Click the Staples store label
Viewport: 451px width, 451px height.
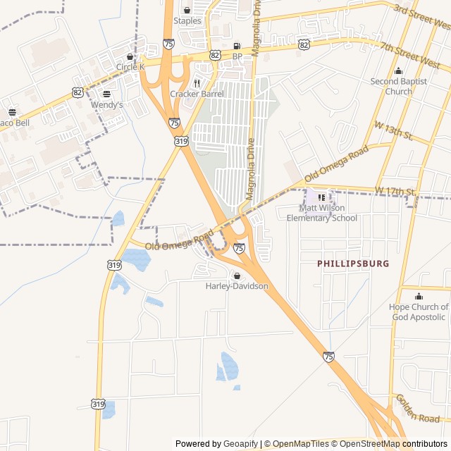pyautogui.click(x=187, y=21)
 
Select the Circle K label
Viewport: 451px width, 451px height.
pyautogui.click(x=130, y=67)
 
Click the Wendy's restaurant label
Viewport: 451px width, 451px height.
pyautogui.click(x=106, y=105)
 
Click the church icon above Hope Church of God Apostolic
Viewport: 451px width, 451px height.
pyautogui.click(x=419, y=296)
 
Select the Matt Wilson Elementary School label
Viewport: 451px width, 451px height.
pyautogui.click(x=321, y=213)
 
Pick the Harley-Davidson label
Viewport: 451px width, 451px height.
pyautogui.click(x=237, y=286)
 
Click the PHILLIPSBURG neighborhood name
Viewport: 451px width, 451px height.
pyautogui.click(x=353, y=264)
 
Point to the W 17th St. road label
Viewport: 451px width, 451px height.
pyautogui.click(x=396, y=191)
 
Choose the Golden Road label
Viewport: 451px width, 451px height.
pyautogui.click(x=418, y=409)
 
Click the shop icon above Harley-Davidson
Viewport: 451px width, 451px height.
pyautogui.click(x=237, y=276)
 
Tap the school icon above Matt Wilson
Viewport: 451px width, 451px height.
pyautogui.click(x=322, y=197)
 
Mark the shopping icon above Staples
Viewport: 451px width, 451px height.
pyautogui.click(x=187, y=10)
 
